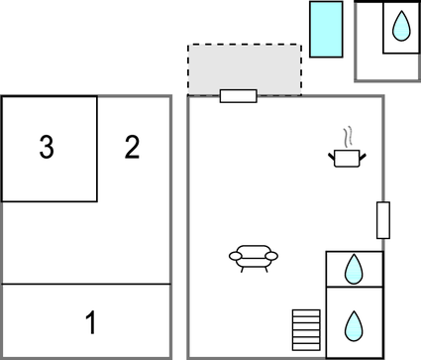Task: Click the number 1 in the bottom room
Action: (90, 322)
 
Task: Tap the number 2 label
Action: (132, 148)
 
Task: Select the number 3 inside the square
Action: (46, 148)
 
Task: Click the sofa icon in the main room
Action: (253, 258)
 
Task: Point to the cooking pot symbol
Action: (346, 157)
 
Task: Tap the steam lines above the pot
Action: (346, 135)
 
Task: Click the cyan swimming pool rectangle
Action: (326, 29)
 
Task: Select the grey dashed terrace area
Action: (245, 69)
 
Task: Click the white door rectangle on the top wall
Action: (238, 96)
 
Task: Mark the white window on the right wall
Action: (383, 220)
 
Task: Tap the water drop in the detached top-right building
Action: (400, 27)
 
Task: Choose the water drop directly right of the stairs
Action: (354, 324)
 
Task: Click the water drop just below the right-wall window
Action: (354, 267)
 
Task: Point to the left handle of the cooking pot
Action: (332, 154)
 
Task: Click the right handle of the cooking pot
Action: (361, 154)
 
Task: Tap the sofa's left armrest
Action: (235, 257)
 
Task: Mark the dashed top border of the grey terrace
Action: (245, 45)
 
